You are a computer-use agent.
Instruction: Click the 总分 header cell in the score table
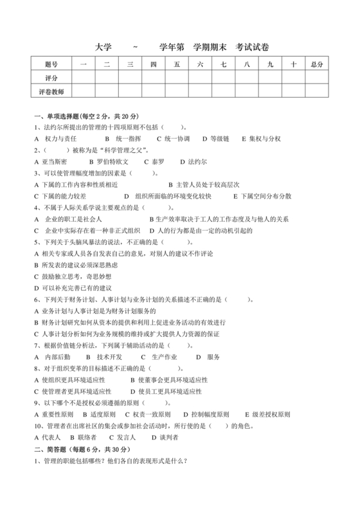pos(316,64)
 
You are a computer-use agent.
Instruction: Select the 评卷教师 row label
pos(51,91)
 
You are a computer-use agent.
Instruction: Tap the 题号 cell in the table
pos(51,64)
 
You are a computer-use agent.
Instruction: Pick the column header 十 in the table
pos(292,64)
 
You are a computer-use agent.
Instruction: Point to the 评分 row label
pos(51,78)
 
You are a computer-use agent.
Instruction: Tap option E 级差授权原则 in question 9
pos(264,414)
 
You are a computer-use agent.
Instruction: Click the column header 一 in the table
pos(84,64)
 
